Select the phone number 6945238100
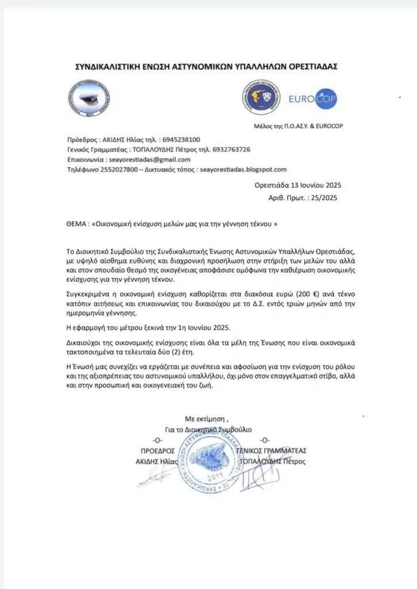(181, 139)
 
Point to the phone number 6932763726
(230, 150)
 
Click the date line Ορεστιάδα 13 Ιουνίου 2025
(298, 185)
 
